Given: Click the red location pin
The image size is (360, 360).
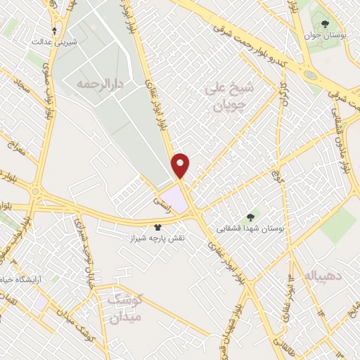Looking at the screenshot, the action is tap(181, 165).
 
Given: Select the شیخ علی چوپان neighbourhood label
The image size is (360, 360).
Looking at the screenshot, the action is tap(228, 97).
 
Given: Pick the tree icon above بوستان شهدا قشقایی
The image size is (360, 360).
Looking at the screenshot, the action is tap(249, 216).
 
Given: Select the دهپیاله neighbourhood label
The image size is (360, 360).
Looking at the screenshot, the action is tap(324, 277).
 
